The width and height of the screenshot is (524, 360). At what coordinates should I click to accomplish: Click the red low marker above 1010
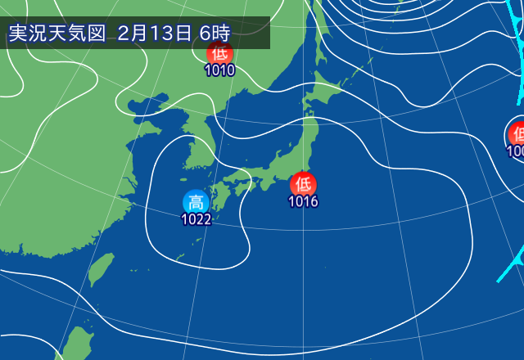(219, 54)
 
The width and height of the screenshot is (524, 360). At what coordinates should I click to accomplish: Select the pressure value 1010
(219, 70)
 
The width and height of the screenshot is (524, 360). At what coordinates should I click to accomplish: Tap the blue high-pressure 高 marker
(196, 202)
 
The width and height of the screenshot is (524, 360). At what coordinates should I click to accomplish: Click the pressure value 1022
(196, 219)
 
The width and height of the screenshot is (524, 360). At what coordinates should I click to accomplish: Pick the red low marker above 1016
(303, 183)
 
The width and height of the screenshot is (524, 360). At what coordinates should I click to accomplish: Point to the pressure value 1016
(303, 201)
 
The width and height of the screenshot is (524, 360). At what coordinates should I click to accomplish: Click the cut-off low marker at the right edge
(517, 133)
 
